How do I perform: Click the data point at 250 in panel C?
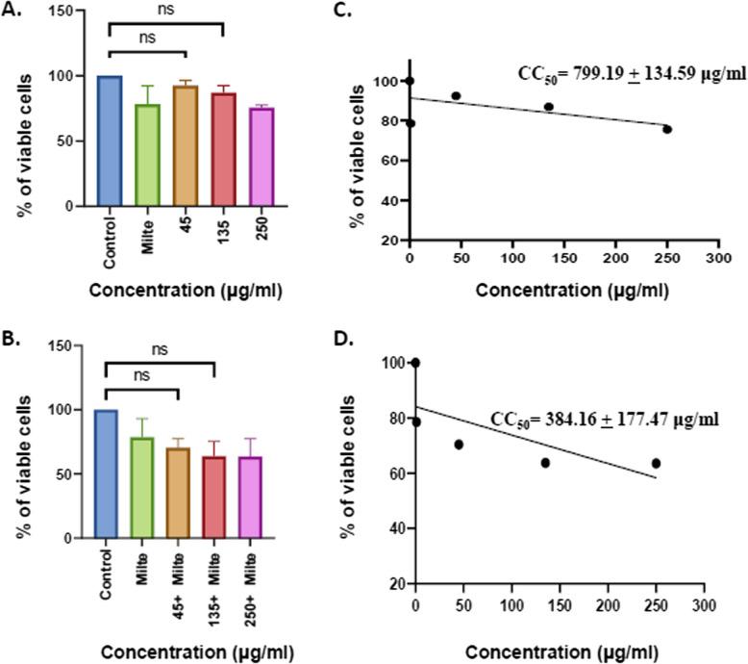click(666, 129)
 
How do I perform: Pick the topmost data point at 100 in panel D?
click(415, 363)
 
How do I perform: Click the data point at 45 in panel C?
click(456, 96)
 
